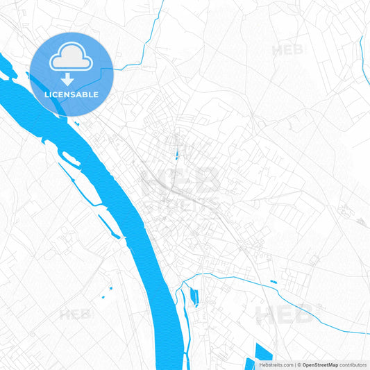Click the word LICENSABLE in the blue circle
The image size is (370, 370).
[72, 94]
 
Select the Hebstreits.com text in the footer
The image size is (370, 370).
[276, 364]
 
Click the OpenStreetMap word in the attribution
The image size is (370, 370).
[320, 364]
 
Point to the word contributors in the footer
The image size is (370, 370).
[353, 364]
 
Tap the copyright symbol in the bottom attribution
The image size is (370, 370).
[298, 364]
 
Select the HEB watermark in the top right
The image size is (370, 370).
[287, 50]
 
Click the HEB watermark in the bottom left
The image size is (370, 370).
[74, 314]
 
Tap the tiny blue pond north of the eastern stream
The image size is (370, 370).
[273, 282]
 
